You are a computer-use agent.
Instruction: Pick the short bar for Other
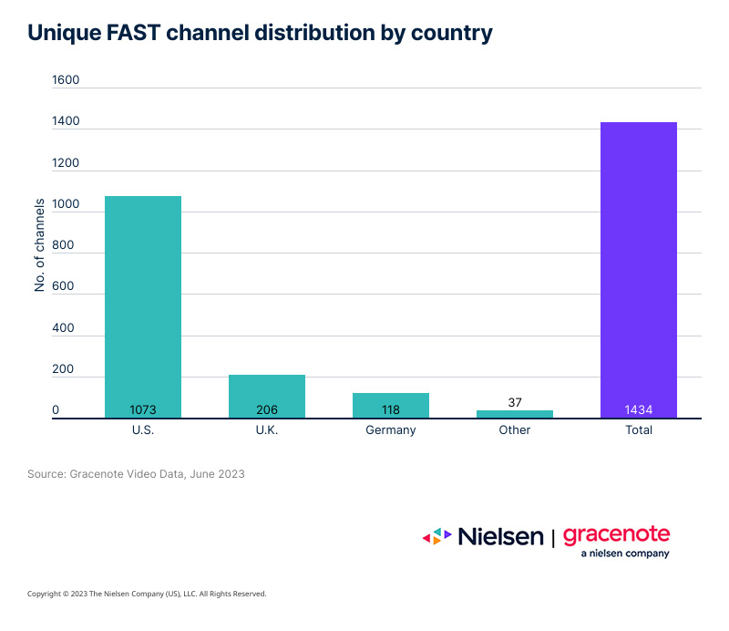(x=515, y=414)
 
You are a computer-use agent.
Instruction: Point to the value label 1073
(x=143, y=410)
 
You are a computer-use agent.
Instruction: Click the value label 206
(x=267, y=410)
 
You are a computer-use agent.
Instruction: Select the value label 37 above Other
(x=515, y=402)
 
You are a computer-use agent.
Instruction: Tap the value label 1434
(x=639, y=410)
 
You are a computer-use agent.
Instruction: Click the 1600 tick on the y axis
(x=67, y=80)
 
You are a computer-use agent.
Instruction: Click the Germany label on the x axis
(x=391, y=430)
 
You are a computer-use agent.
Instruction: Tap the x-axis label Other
(x=515, y=430)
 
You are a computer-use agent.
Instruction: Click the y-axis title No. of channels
(x=40, y=244)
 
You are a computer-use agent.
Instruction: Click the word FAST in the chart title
(x=137, y=33)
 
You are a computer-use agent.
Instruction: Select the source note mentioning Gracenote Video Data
(x=136, y=474)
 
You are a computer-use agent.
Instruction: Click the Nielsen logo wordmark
(x=499, y=536)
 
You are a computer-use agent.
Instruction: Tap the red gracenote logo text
(x=616, y=534)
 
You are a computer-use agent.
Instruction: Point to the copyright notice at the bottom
(x=147, y=594)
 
